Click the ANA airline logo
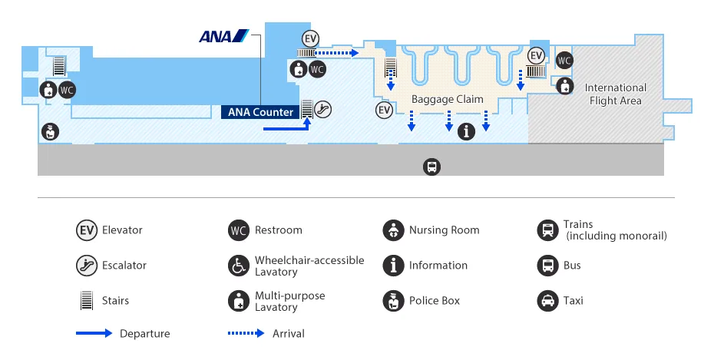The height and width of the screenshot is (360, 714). pyautogui.click(x=223, y=36)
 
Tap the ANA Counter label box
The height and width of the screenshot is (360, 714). pyautogui.click(x=260, y=112)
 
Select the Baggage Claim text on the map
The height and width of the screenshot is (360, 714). pyautogui.click(x=447, y=99)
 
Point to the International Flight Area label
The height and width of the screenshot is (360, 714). pyautogui.click(x=616, y=94)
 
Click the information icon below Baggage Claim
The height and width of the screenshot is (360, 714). pyautogui.click(x=466, y=131)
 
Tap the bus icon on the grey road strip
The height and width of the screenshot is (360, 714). pyautogui.click(x=432, y=166)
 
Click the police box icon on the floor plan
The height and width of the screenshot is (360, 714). pyautogui.click(x=50, y=131)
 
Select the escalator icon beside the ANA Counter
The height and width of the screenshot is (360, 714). pyautogui.click(x=323, y=109)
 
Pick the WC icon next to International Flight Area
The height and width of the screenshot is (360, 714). pyautogui.click(x=564, y=61)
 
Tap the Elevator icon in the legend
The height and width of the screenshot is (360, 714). pyautogui.click(x=86, y=230)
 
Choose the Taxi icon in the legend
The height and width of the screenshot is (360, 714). pyautogui.click(x=547, y=301)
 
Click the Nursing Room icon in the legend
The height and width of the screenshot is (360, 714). pyautogui.click(x=393, y=230)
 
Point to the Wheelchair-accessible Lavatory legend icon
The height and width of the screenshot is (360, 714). pyautogui.click(x=239, y=266)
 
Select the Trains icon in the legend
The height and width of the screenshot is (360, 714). pyautogui.click(x=547, y=230)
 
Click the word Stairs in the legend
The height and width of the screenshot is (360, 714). pyautogui.click(x=115, y=301)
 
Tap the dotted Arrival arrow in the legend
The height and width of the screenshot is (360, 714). pyautogui.click(x=246, y=333)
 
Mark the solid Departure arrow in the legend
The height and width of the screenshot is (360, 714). pyautogui.click(x=94, y=333)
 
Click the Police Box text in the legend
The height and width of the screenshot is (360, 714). pyautogui.click(x=435, y=301)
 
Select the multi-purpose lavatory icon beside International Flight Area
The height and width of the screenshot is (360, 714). pyautogui.click(x=565, y=86)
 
